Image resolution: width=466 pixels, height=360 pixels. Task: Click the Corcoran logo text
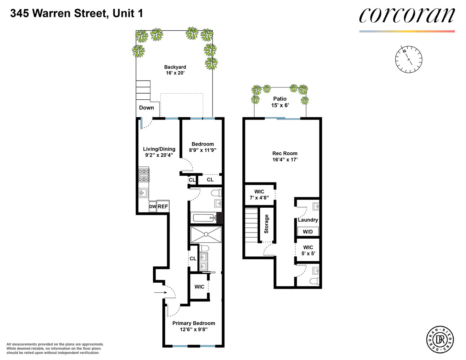pyautogui.click(x=407, y=15)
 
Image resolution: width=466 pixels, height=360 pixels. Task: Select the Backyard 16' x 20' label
pyautogui.click(x=175, y=70)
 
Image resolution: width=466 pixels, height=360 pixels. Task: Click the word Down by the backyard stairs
pyautogui.click(x=146, y=108)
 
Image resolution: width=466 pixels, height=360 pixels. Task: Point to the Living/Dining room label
pyautogui.click(x=159, y=152)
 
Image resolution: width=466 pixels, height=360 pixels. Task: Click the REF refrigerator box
pyautogui.click(x=163, y=207)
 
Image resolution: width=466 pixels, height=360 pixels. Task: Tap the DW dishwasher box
pyautogui.click(x=153, y=207)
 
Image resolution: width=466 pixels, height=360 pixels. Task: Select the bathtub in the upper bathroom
pyautogui.click(x=203, y=218)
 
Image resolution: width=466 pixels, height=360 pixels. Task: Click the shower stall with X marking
pyautogui.click(x=206, y=234)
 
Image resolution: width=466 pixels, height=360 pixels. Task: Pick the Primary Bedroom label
pyautogui.click(x=193, y=326)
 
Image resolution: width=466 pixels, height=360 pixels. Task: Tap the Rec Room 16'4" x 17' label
pyautogui.click(x=285, y=156)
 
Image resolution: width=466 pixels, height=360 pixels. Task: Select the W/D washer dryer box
pyautogui.click(x=308, y=231)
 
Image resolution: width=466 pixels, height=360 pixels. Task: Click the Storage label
pyautogui.click(x=266, y=224)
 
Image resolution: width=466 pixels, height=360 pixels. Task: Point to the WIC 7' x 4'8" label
pyautogui.click(x=259, y=194)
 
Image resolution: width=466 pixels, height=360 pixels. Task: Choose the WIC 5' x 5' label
pyautogui.click(x=308, y=250)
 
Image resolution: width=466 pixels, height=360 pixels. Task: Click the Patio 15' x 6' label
pyautogui.click(x=280, y=102)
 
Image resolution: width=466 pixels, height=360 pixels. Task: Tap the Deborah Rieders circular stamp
pyautogui.click(x=440, y=339)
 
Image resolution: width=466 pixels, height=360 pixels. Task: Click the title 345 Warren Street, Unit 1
pyautogui.click(x=76, y=13)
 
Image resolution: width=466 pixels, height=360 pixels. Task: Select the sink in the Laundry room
pyautogui.click(x=316, y=207)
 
